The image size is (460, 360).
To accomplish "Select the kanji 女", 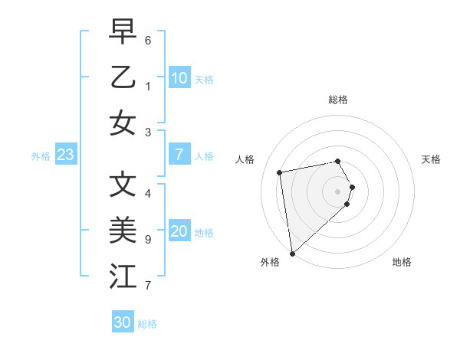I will tap(123, 123).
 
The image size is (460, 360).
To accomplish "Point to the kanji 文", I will tap(123, 184).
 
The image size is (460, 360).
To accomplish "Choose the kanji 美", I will tap(123, 230).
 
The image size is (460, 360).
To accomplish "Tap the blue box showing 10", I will tap(179, 78).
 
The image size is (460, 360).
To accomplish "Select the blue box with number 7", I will tap(179, 155).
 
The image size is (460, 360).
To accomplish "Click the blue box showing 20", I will tap(179, 231).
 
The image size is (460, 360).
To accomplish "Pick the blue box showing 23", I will tap(65, 155).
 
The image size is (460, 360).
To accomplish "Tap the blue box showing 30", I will tap(122, 322).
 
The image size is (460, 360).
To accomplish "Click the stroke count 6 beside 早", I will tap(148, 39).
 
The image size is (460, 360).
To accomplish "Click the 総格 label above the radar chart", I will tap(338, 100).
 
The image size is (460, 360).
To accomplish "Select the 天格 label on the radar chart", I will tap(432, 159).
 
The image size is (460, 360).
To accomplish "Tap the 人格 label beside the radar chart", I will tap(245, 159).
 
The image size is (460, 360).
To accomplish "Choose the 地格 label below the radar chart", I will tap(402, 262).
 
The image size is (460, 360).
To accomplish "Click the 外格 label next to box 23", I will tap(40, 156).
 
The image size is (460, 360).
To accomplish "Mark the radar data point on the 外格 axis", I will tap(292, 253).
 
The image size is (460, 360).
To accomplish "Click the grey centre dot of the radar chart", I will tap(338, 190).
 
